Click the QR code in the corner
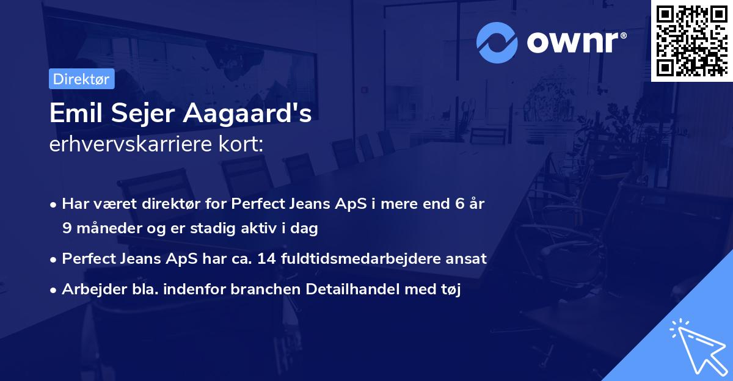tap(691, 40)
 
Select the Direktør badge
tap(81, 79)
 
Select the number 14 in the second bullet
tap(266, 259)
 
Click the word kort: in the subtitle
tap(247, 145)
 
